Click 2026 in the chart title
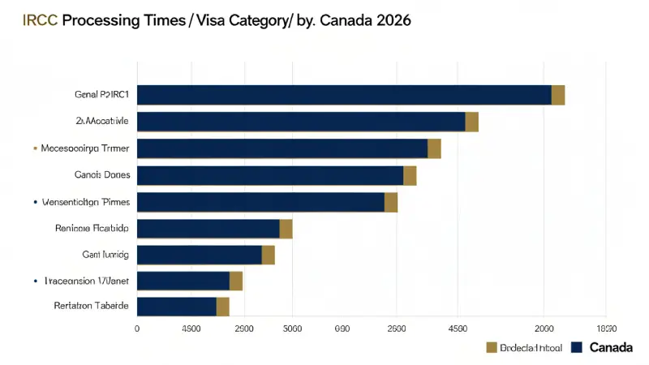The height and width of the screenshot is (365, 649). (386, 21)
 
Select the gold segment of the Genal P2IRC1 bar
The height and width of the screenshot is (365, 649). (558, 95)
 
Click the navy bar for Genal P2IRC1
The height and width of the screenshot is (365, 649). (344, 95)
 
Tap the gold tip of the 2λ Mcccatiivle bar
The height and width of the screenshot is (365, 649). (472, 122)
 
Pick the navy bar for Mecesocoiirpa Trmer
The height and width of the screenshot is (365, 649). (282, 148)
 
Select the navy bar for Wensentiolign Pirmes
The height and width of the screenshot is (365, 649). (260, 202)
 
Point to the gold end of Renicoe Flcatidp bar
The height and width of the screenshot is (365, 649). (286, 228)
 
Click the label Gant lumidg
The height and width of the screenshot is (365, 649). (105, 254)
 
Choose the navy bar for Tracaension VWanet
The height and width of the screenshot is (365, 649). (183, 281)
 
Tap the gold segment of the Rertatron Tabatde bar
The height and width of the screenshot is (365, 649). (223, 307)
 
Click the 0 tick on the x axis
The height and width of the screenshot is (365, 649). (137, 328)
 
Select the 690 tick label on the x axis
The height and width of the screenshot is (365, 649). (342, 328)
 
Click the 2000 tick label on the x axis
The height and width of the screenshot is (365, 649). (543, 328)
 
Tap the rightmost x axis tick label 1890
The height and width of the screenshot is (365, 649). (606, 328)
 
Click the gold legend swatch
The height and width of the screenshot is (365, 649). (490, 348)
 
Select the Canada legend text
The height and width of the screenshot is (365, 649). (610, 348)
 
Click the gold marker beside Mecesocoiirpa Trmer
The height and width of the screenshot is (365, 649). (35, 148)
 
